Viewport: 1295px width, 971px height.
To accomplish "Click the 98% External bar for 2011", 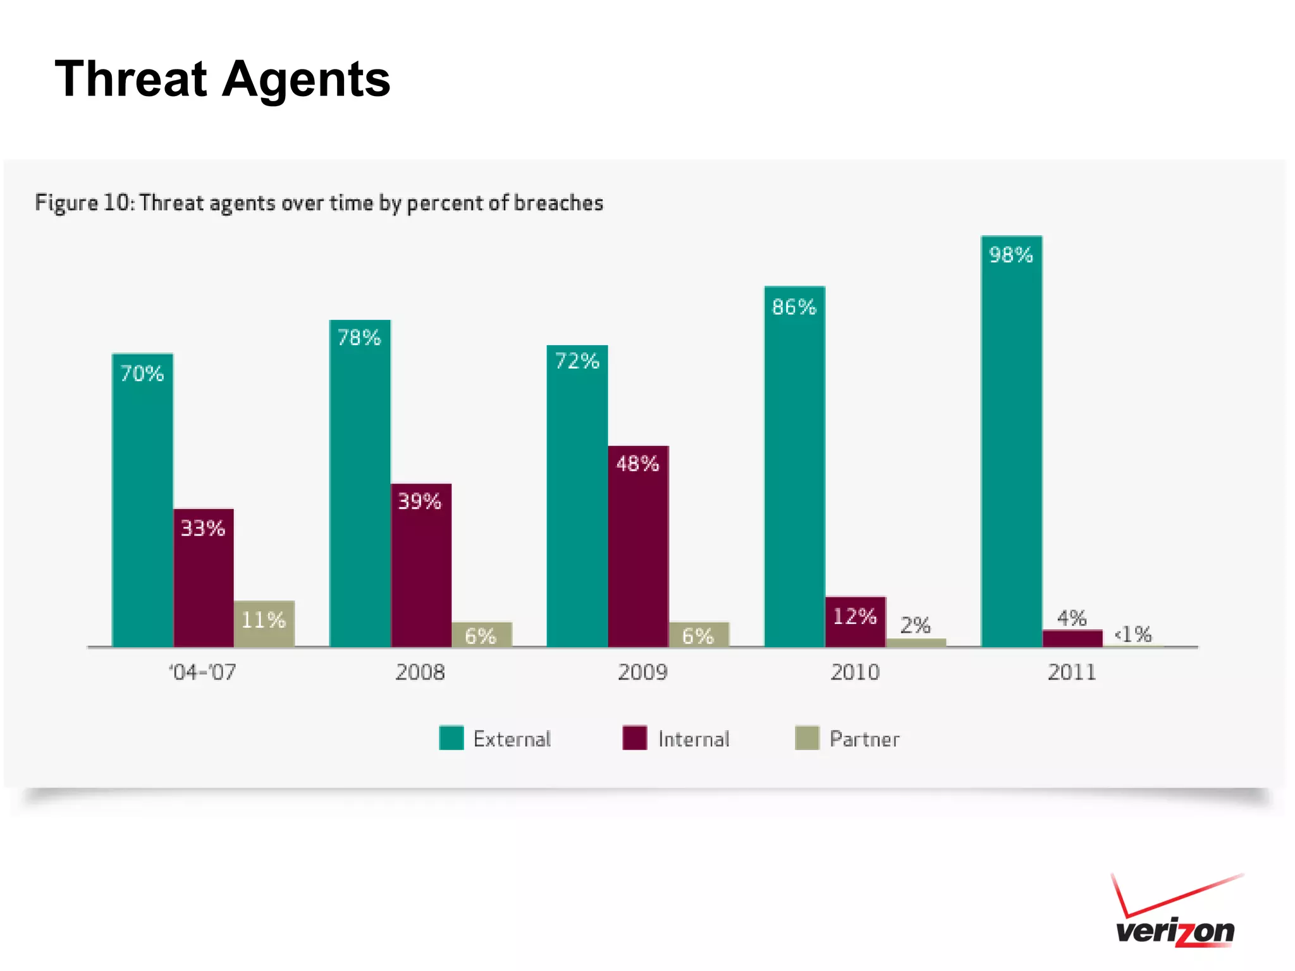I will pyautogui.click(x=1011, y=443).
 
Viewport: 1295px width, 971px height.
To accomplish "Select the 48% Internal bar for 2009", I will pyautogui.click(x=638, y=547).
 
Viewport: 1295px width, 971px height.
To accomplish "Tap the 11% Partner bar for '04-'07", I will pyautogui.click(x=264, y=624).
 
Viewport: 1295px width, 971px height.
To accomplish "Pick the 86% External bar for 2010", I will pyautogui.click(x=794, y=468).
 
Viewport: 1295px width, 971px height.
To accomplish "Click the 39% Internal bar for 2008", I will pyautogui.click(x=421, y=566).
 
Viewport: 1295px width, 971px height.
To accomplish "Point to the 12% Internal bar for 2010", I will pyautogui.click(x=856, y=622).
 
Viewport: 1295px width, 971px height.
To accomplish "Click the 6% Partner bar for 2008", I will pyautogui.click(x=482, y=635).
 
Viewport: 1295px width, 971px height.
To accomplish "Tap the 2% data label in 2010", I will pyautogui.click(x=915, y=626).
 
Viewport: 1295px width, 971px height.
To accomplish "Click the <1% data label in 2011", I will pyautogui.click(x=1133, y=634).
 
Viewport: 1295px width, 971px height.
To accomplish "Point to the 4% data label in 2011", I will pyautogui.click(x=1072, y=618).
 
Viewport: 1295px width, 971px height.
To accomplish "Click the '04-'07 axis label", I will pyautogui.click(x=202, y=672).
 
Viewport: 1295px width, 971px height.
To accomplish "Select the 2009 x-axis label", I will pyautogui.click(x=642, y=672).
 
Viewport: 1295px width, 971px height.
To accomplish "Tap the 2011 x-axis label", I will pyautogui.click(x=1072, y=672).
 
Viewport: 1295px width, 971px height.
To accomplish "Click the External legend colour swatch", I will pyautogui.click(x=451, y=738).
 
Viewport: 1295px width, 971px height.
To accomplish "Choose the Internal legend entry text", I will pyautogui.click(x=694, y=739).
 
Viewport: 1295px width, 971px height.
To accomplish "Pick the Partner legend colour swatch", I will pyautogui.click(x=807, y=738).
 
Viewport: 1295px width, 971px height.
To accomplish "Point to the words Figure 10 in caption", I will pyautogui.click(x=84, y=203).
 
